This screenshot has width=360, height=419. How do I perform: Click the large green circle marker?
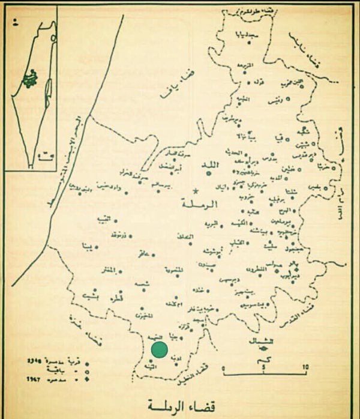[159, 349]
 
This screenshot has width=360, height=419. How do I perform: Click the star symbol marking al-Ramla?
[195, 191]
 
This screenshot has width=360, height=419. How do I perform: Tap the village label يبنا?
[86, 246]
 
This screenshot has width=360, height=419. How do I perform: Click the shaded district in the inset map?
[28, 77]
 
